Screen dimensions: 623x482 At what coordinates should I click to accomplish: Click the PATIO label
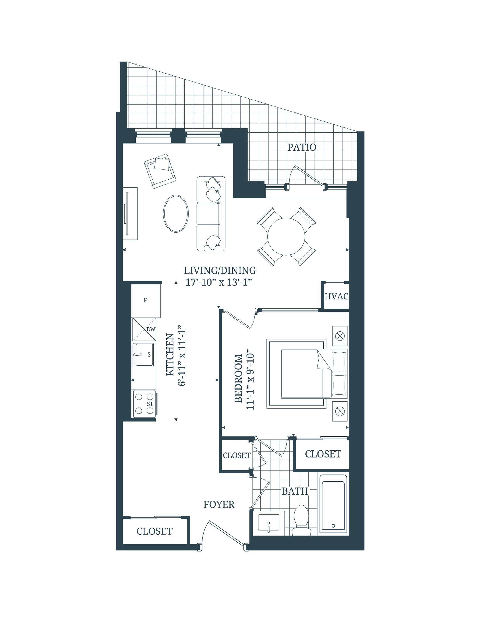pos(302,147)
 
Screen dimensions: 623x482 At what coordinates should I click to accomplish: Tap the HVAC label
pos(336,296)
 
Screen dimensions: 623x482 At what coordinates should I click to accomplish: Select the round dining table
pos(286,236)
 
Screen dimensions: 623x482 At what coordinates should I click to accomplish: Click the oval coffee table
pos(176,213)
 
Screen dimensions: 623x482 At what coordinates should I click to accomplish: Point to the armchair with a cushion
pos(160,171)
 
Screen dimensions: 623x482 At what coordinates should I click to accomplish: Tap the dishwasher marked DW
pos(144,329)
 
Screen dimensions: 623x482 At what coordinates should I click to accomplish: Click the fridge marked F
pos(145,300)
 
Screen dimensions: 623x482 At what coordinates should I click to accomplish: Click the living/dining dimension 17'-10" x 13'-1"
pos(219,282)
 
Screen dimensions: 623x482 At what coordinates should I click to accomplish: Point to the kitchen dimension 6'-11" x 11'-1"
pos(182,358)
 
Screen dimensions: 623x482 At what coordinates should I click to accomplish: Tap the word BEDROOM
pos(238,378)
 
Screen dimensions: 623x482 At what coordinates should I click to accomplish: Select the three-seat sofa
pos(211,214)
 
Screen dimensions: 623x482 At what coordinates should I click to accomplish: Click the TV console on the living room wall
pos(130,213)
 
